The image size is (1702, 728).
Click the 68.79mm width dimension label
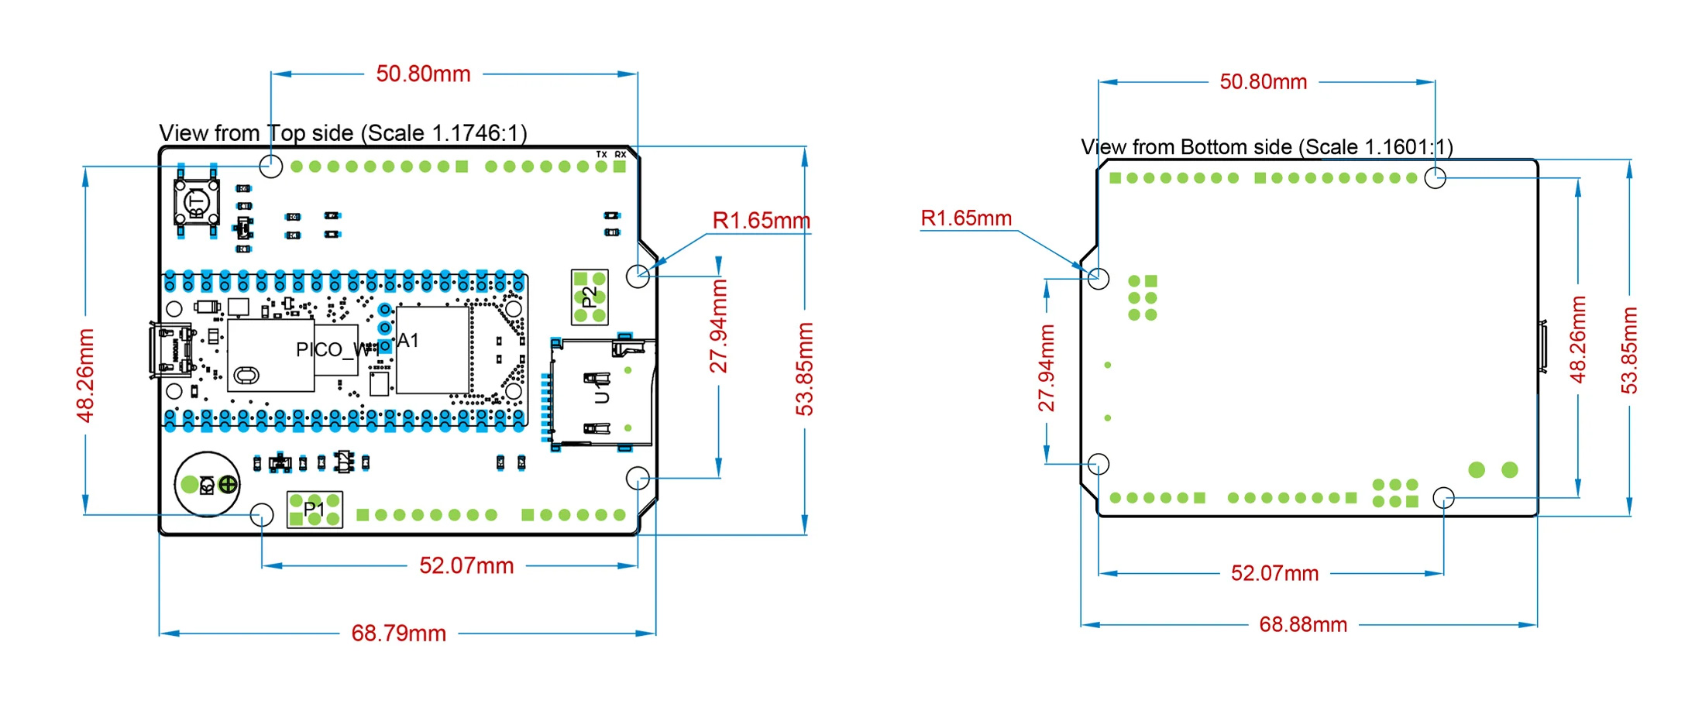398,634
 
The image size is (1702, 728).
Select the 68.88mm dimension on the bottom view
1303,625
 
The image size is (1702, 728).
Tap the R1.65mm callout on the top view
761,221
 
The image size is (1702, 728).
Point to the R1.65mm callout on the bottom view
966,218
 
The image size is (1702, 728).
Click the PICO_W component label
329,350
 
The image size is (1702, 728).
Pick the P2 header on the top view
590,297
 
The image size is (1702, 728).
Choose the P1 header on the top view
315,510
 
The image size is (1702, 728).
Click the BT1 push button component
197,203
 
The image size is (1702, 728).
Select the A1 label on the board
408,341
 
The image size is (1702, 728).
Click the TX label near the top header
601,155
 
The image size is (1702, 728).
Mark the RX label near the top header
620,155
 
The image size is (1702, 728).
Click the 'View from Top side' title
342,133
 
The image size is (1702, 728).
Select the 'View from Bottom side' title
1266,147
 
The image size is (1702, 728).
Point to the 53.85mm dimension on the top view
805,369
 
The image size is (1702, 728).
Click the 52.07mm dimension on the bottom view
1274,574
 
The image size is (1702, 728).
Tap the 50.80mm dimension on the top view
423,74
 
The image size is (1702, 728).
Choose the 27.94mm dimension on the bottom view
1047,368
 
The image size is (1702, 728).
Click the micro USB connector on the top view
170,351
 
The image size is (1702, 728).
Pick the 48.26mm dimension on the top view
85,376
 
